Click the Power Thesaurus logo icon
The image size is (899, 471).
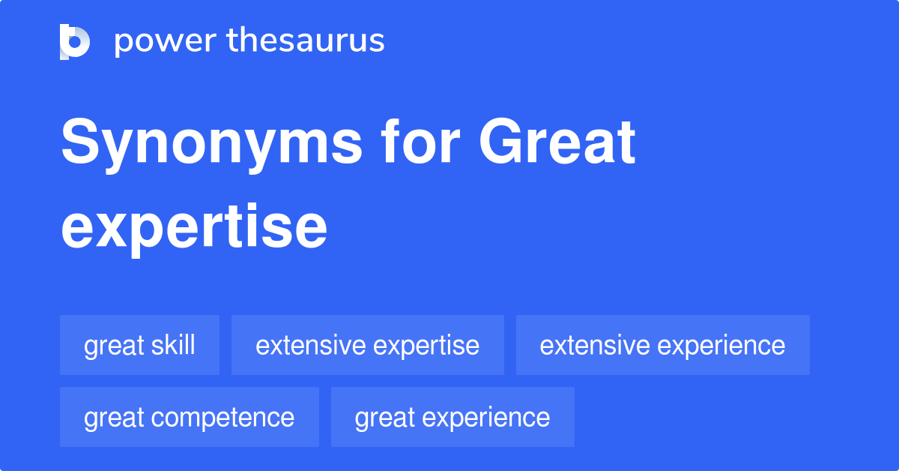tap(75, 41)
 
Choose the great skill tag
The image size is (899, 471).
tap(139, 345)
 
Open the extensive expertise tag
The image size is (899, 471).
tap(367, 345)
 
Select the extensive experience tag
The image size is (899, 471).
tap(662, 345)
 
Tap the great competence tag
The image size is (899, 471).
tap(189, 417)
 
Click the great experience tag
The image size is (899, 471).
tap(452, 417)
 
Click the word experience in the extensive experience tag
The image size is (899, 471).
tap(721, 346)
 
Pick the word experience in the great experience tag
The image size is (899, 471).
tap(491, 418)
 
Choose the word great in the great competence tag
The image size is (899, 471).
tap(112, 418)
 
